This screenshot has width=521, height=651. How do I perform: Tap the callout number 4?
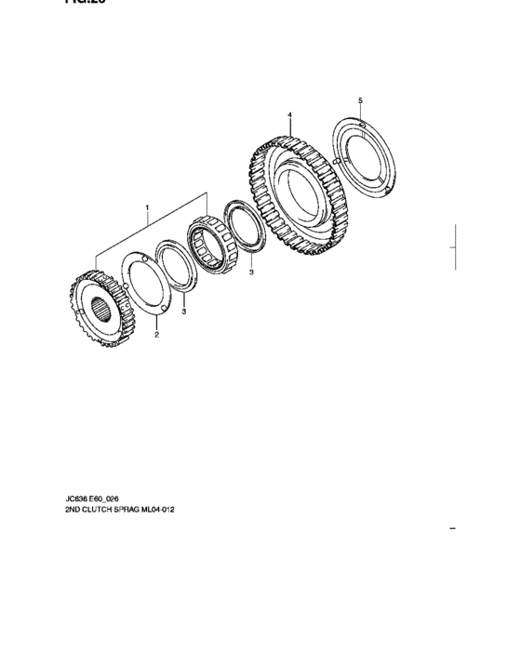(289, 114)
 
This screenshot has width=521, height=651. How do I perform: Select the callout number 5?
(360, 100)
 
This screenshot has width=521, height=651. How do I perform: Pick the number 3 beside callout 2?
(183, 312)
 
